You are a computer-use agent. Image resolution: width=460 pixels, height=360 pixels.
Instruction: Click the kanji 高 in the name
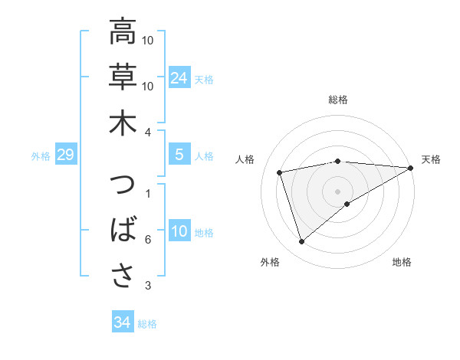coord(122,33)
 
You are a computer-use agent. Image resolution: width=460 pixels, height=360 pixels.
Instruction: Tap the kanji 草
coord(122,77)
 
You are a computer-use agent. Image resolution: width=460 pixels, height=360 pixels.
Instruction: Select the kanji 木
coord(122,123)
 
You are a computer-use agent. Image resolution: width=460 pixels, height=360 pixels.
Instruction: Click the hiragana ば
coord(122,231)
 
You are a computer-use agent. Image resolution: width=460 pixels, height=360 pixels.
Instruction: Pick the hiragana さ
coord(122,276)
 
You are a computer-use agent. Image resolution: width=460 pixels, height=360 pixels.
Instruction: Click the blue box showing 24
coord(179,77)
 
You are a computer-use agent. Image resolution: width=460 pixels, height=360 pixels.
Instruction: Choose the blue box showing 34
coord(122,322)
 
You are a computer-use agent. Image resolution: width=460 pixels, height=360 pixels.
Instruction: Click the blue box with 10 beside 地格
coord(179,232)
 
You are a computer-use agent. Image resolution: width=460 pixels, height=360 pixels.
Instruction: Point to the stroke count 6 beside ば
coord(148,240)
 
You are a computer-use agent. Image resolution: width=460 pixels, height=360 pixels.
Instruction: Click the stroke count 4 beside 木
coord(148,132)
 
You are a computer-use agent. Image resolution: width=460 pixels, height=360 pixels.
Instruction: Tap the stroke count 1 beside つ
coord(148,193)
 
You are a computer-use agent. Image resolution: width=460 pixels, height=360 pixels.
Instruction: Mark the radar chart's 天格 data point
coord(411,168)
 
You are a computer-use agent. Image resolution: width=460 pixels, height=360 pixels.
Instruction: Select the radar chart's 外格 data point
coord(301,242)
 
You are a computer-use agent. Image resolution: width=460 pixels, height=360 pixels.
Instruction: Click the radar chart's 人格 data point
coord(281,172)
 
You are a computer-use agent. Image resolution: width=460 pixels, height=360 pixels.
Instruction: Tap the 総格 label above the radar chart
coord(338,100)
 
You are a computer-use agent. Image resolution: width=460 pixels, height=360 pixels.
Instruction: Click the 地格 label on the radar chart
coord(402,262)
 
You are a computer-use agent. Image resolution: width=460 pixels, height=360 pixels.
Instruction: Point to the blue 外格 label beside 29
coord(41,156)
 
